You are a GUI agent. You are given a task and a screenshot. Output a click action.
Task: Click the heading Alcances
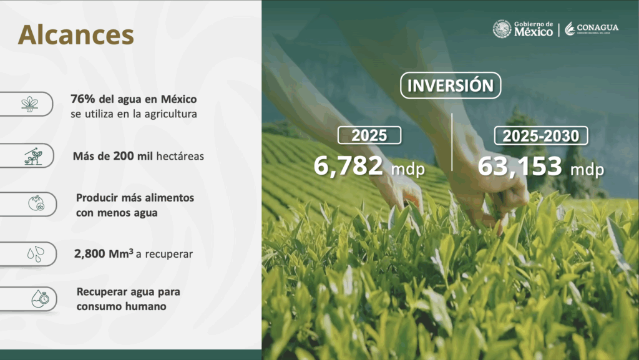coord(76,34)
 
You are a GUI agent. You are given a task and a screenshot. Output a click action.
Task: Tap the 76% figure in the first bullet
coord(83,99)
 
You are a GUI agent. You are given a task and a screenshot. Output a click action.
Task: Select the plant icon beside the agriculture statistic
coord(30,104)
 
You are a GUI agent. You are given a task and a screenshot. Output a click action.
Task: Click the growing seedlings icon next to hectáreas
coord(33,156)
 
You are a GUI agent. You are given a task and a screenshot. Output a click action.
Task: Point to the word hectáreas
coord(180,156)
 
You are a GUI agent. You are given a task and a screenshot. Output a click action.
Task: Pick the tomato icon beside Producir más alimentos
coord(36,203)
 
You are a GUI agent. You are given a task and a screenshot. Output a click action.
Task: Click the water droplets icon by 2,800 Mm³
coord(36,254)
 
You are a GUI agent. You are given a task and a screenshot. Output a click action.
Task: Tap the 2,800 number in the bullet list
coord(90,254)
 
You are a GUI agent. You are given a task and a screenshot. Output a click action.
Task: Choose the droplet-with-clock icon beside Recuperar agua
coord(40,299)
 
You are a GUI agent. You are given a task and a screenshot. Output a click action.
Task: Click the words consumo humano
coord(122,306)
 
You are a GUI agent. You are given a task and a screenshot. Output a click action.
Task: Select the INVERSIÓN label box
coord(451,85)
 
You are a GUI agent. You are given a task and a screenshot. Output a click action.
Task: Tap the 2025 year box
coord(369,135)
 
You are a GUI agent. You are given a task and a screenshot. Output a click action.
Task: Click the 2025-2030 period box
coord(541,135)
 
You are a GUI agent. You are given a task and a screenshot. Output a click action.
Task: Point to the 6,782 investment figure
coord(348,166)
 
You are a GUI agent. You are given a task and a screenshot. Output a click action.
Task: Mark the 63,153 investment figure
coord(520,166)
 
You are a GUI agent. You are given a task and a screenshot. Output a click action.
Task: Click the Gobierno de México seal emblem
coord(502,29)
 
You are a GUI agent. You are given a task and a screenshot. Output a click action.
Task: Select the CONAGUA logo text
coord(597,27)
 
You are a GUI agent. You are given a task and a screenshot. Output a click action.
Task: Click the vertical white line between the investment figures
coord(452,142)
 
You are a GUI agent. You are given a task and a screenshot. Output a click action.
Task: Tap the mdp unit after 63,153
coord(587,169)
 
